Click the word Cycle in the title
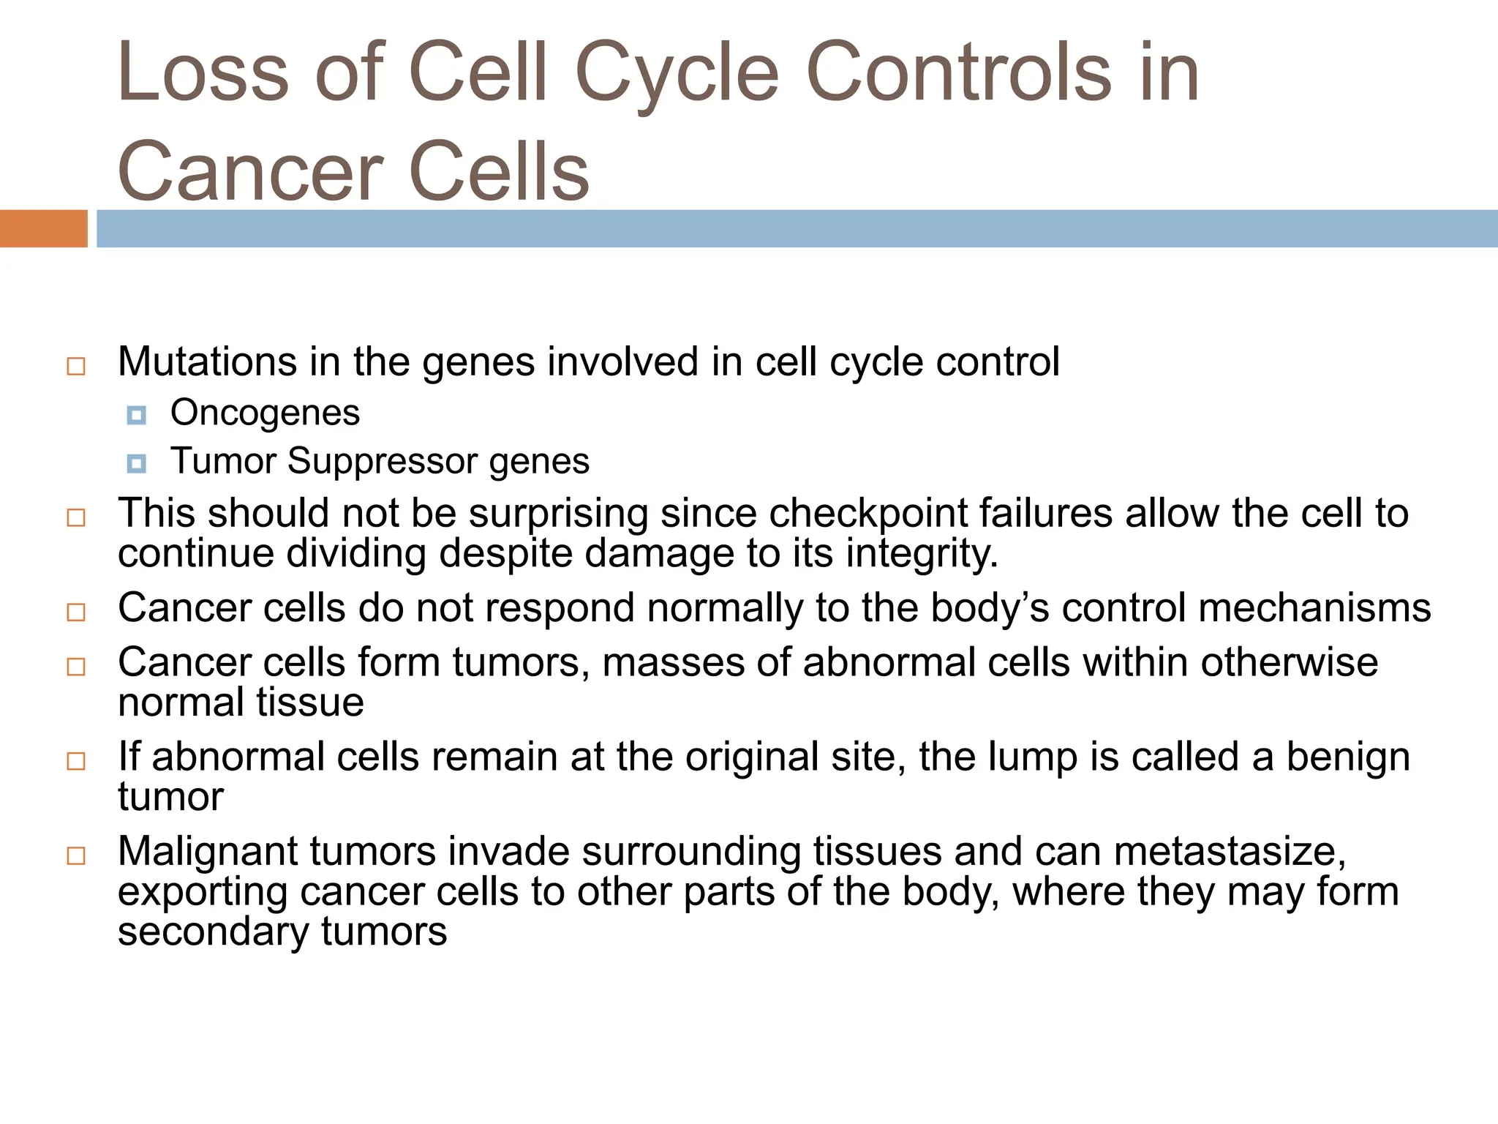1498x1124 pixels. (677, 73)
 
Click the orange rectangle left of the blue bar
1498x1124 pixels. (43, 228)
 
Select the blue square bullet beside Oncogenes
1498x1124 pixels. (136, 416)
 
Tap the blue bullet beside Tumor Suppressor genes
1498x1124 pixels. (136, 463)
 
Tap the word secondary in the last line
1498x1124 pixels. (213, 932)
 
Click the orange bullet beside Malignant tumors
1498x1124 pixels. (76, 856)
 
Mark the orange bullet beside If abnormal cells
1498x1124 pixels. (76, 761)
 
